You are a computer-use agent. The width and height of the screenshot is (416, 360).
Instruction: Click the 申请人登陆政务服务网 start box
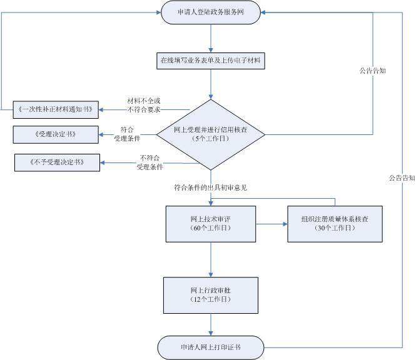pos(210,12)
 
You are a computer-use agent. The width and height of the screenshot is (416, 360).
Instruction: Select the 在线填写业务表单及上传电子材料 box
pos(210,61)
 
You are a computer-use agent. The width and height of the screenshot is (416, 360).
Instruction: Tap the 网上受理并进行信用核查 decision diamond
pos(210,134)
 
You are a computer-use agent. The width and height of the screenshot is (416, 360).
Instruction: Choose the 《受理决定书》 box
pos(56,134)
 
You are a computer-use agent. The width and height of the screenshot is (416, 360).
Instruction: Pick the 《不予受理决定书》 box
pos(58,163)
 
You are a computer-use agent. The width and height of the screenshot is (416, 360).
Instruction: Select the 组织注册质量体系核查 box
pos(335,223)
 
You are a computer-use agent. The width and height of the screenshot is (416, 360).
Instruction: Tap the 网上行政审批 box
pos(210,295)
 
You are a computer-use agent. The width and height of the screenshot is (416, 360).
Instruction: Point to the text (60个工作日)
pos(210,229)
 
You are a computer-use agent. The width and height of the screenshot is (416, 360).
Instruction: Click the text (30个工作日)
pos(335,229)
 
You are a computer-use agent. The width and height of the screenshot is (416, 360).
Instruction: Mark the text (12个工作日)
pos(210,301)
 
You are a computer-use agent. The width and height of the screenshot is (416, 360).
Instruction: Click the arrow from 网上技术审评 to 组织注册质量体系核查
pos(272,223)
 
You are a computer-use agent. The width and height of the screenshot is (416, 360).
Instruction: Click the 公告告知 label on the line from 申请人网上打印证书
pos(402,178)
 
